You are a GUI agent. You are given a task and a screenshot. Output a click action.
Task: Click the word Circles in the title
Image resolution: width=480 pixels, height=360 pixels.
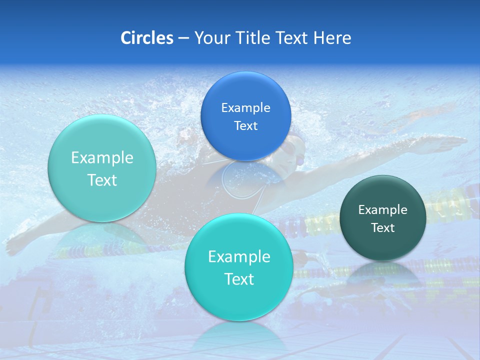(x=146, y=37)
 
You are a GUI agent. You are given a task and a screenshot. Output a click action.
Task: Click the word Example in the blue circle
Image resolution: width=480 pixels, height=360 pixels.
(x=245, y=107)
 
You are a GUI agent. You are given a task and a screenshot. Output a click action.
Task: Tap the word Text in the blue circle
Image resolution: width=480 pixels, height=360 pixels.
(x=245, y=125)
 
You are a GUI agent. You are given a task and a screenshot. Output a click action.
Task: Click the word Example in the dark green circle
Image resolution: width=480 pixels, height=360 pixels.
(x=383, y=209)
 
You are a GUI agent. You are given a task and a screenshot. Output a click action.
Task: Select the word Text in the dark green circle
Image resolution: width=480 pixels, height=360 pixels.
(x=383, y=227)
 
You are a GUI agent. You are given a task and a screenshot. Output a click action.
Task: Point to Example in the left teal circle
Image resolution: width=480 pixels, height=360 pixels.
(x=102, y=157)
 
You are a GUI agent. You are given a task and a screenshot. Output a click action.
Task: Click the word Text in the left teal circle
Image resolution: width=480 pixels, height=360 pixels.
(x=102, y=180)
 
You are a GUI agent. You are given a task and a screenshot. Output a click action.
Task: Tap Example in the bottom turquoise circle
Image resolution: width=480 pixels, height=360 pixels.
(x=239, y=256)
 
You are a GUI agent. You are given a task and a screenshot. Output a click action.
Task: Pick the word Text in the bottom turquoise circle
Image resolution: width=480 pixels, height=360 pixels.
(x=239, y=279)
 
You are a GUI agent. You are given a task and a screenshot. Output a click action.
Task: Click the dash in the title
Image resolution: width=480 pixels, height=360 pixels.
(x=183, y=38)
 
